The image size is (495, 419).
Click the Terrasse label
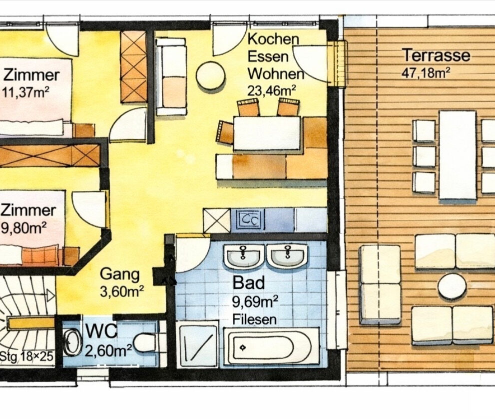tap(437, 55)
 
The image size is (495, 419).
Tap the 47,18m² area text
tap(426, 73)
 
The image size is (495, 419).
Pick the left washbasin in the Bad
tap(244, 255)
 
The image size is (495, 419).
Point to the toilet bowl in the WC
tap(145, 342)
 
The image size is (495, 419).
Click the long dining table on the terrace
tap(458, 155)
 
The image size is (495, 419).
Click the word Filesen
tap(254, 318)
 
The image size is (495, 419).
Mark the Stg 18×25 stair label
tap(26, 357)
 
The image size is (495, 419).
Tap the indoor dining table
tap(267, 133)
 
